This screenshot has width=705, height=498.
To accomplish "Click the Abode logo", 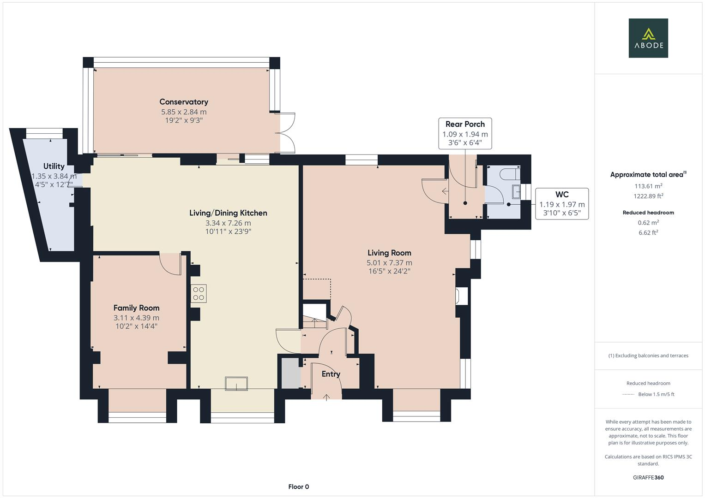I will coord(648,38).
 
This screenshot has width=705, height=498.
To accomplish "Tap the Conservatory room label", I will coord(184,102).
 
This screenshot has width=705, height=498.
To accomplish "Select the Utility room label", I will coord(54,166).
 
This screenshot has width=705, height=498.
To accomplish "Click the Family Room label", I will coord(136,308).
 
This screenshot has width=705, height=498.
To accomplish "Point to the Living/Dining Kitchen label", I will coord(228,213).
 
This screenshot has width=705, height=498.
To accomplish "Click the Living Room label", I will coord(389,253).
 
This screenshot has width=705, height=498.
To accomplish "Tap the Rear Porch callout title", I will coord(465,125).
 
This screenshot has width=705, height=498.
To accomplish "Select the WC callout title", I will coord(562,195).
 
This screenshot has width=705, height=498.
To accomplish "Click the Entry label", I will coord(331,374).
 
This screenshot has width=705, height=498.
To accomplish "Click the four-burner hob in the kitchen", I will coord(199,294).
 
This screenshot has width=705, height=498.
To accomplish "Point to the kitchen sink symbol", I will coord(236,384).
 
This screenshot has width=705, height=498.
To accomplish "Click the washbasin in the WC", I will coord(515,191).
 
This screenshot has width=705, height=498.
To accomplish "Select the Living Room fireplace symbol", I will coord(462,296).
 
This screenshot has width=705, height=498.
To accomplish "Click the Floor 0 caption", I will coord(298,487).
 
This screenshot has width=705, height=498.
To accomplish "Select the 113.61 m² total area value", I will coord(648,186).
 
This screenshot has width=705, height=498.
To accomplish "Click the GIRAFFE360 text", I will coord(648,478).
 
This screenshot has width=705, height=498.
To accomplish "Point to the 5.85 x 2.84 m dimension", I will coord(184,112).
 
